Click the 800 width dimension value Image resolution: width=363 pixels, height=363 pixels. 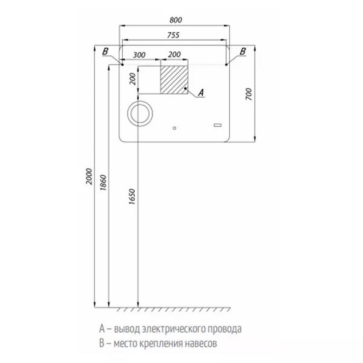tap(176, 20)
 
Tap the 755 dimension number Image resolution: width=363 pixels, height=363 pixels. tap(173, 35)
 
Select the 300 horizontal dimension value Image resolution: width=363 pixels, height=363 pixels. tap(139, 55)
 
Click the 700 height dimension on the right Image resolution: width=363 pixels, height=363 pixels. tap(248, 94)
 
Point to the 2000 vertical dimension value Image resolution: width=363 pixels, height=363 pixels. tap(89, 176)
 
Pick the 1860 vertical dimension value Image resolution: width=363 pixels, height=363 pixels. tap(103, 183)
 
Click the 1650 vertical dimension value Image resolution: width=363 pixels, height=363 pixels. tap(132, 196)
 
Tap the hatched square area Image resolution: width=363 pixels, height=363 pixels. tap(174, 80)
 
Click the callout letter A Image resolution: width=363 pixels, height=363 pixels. tap(201, 93)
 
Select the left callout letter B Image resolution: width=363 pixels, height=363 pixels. tap(105, 52)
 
